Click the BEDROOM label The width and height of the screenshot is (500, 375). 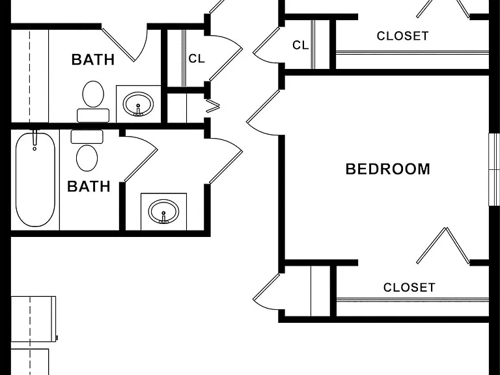point(388,169)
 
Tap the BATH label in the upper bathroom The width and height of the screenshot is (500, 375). point(93,60)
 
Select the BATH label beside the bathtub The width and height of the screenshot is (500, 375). point(89,186)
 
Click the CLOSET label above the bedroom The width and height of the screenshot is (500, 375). point(402,36)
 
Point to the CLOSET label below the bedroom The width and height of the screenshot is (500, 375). point(409,287)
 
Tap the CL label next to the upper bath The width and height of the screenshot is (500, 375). point(197,59)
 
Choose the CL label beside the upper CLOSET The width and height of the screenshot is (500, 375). point(300,46)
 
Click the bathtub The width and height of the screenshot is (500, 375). point(35,180)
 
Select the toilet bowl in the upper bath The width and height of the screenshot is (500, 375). point(93,94)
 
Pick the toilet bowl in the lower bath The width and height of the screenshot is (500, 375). point(87,158)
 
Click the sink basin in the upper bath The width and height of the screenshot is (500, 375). point(139,104)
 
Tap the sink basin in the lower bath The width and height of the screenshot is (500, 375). point(163,212)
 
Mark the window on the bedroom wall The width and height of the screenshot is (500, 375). point(494,169)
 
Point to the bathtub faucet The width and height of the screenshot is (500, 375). point(35,138)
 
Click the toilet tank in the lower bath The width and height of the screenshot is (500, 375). point(87,137)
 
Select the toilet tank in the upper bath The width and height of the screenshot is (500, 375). point(93,115)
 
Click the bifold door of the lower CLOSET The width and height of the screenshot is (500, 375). point(443,245)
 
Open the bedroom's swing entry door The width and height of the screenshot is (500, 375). point(263,111)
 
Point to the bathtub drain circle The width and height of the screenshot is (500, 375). point(35,148)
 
